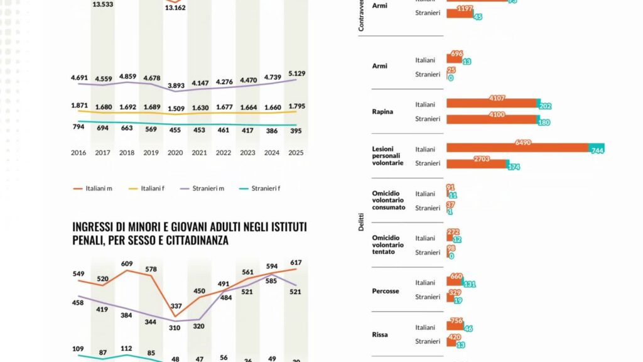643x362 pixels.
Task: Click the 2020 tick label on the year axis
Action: (175, 153)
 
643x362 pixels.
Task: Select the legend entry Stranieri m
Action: (209, 188)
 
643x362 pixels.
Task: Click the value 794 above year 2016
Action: (78, 128)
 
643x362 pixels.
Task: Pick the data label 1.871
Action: (79, 105)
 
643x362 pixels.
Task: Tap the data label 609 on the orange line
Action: (127, 263)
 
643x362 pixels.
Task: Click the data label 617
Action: (296, 262)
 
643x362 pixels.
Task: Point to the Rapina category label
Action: (382, 112)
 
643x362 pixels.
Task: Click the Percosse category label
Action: (386, 291)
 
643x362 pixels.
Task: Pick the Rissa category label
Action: (380, 334)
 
